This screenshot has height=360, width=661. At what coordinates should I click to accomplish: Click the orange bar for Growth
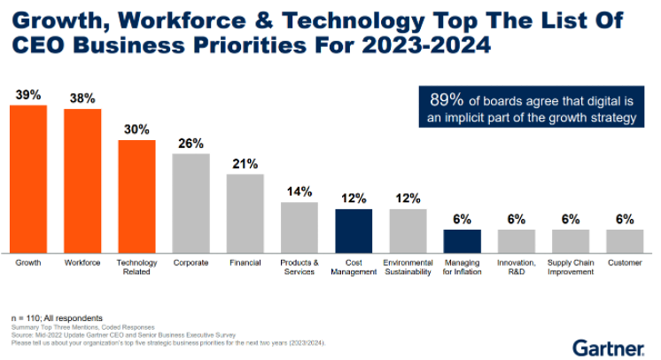point(28,178)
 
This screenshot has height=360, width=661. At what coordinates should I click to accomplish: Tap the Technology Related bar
point(136,196)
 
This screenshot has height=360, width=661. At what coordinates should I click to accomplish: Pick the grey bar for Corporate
point(191,203)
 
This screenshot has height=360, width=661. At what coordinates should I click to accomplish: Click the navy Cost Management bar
point(354,231)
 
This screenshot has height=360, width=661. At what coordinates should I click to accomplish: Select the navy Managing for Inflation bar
point(462,240)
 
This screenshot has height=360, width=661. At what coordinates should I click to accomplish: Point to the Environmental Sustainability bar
point(408,231)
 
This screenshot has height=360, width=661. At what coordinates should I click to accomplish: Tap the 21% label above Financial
point(245,163)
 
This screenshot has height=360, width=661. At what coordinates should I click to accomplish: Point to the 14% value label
point(299,192)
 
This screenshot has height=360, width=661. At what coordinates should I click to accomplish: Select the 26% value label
point(191,143)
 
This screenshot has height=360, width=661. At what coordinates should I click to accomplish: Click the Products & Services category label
point(299,267)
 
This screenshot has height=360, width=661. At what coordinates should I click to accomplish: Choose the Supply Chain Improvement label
point(571,267)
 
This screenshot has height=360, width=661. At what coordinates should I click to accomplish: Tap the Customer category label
point(625,262)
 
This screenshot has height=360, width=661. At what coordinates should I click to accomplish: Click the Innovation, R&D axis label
point(516,267)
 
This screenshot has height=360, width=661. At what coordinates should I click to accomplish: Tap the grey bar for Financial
point(245,213)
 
